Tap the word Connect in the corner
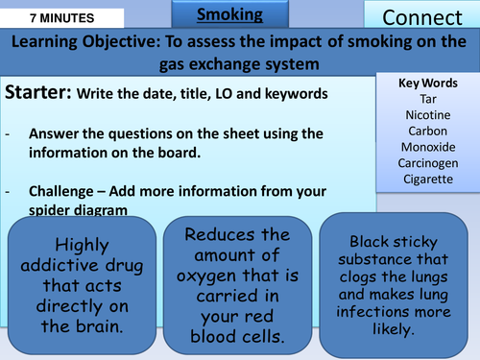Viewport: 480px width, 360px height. (x=420, y=16)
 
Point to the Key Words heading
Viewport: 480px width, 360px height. (x=427, y=83)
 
